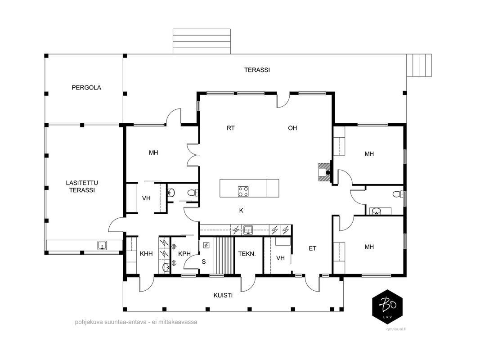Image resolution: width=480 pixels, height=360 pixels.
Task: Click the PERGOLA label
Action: (x=86, y=88)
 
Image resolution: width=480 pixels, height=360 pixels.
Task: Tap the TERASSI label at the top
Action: (x=257, y=70)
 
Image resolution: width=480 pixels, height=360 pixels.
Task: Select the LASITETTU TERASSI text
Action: (x=82, y=186)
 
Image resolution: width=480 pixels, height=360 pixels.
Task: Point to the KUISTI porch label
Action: (x=223, y=295)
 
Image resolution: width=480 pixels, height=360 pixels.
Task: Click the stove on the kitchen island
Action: (x=243, y=191)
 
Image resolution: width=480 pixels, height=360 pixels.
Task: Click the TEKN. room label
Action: (x=247, y=254)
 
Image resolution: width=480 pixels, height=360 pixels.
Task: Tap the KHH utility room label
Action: (x=146, y=254)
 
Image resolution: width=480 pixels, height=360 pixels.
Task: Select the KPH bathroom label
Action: (x=184, y=254)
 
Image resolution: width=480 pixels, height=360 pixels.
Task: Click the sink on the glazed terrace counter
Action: (x=102, y=246)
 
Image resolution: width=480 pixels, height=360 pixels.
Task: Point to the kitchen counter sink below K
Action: (x=247, y=229)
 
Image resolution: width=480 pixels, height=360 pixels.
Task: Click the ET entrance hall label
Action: (x=312, y=248)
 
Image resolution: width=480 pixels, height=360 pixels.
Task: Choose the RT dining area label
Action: (x=230, y=128)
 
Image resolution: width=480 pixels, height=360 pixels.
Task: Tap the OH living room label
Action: (x=292, y=128)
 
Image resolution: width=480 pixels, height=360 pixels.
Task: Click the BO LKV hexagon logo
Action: (x=387, y=307)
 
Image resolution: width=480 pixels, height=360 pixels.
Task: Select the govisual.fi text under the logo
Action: (x=396, y=329)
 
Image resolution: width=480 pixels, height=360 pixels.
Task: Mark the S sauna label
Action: (x=204, y=262)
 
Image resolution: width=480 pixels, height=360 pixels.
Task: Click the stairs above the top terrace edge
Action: (x=202, y=41)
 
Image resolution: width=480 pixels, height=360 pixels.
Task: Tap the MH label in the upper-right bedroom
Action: (x=369, y=154)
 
